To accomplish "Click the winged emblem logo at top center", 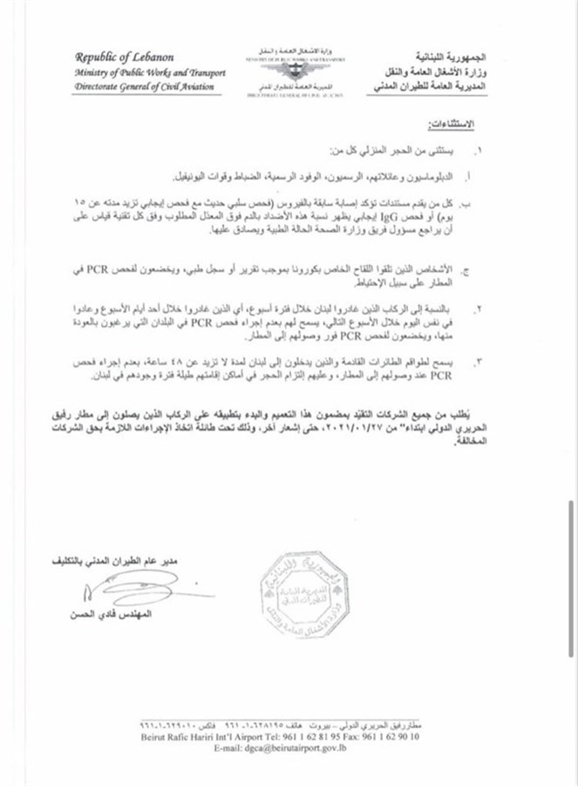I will [288, 64].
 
